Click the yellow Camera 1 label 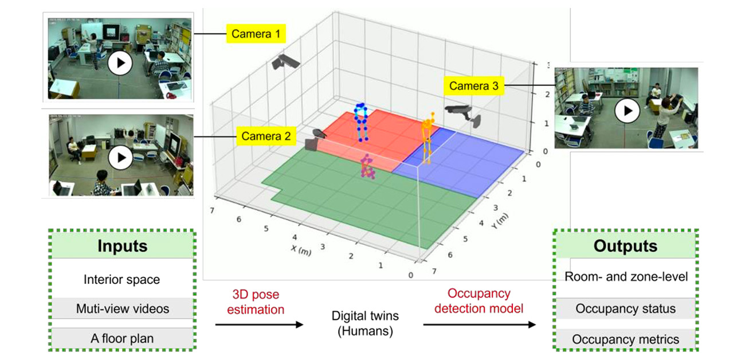coord(256,34)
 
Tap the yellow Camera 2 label coord(265,136)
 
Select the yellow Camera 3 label coord(473,86)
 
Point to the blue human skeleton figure coord(360,122)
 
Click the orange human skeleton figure coord(426,138)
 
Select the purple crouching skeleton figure coord(367,167)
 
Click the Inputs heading coord(122,246)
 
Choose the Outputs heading coord(625,246)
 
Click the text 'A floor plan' coord(122,338)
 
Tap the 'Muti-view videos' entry coord(123,309)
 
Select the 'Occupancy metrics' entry coord(625,339)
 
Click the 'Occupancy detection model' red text coord(479,301)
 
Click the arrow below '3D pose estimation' coord(259,324)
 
